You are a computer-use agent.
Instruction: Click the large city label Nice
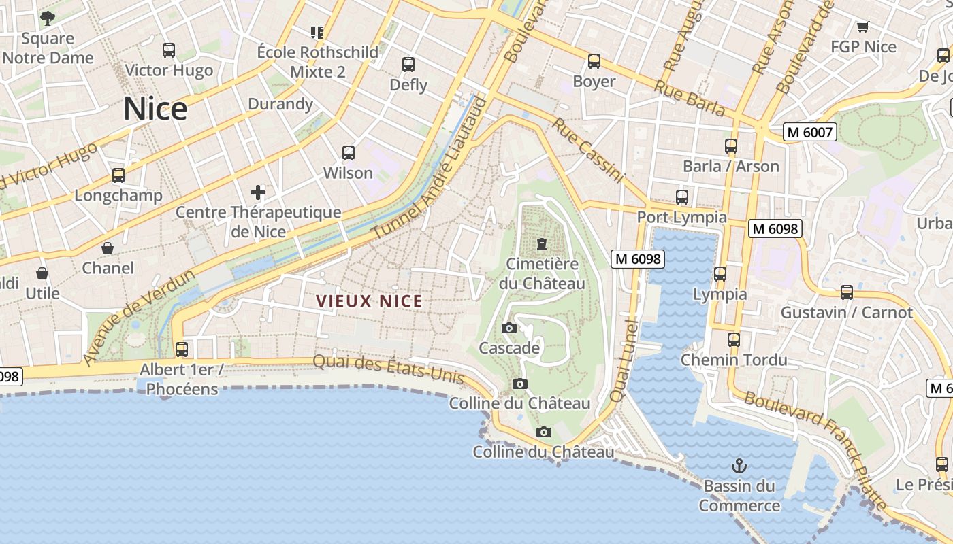pyautogui.click(x=155, y=109)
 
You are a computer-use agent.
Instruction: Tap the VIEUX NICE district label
pyautogui.click(x=369, y=301)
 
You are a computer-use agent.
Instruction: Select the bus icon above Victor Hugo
pyautogui.click(x=168, y=50)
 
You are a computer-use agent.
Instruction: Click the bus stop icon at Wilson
pyautogui.click(x=348, y=153)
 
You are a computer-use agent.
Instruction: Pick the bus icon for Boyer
pyautogui.click(x=594, y=61)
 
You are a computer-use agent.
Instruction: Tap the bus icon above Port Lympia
pyautogui.click(x=681, y=197)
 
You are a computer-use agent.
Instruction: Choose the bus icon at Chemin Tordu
pyautogui.click(x=733, y=339)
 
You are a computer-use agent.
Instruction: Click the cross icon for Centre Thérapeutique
pyautogui.click(x=258, y=192)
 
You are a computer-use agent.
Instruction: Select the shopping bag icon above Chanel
pyautogui.click(x=108, y=248)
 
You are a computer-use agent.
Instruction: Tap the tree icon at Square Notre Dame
pyautogui.click(x=47, y=18)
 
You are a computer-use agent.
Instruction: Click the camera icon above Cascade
pyautogui.click(x=508, y=328)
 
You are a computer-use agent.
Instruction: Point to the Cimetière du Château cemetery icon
pyautogui.click(x=542, y=243)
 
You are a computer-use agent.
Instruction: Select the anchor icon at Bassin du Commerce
pyautogui.click(x=739, y=466)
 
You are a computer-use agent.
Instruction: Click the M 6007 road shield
pyautogui.click(x=809, y=132)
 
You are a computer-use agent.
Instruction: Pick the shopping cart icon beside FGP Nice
pyautogui.click(x=863, y=27)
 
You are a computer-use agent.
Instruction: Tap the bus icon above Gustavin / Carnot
pyautogui.click(x=846, y=292)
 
